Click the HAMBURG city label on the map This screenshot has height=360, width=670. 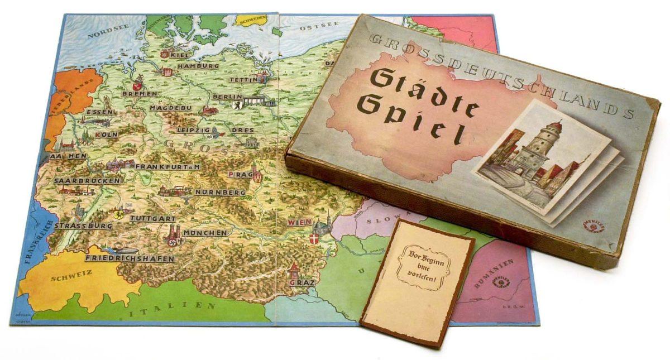coord(198,66)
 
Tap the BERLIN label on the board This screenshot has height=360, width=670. coord(227,97)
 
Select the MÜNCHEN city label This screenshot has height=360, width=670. coord(205,232)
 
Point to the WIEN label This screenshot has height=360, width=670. coord(299,222)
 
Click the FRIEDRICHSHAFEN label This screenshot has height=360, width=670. coord(130,259)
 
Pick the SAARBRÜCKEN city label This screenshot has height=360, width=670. coord(87,181)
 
